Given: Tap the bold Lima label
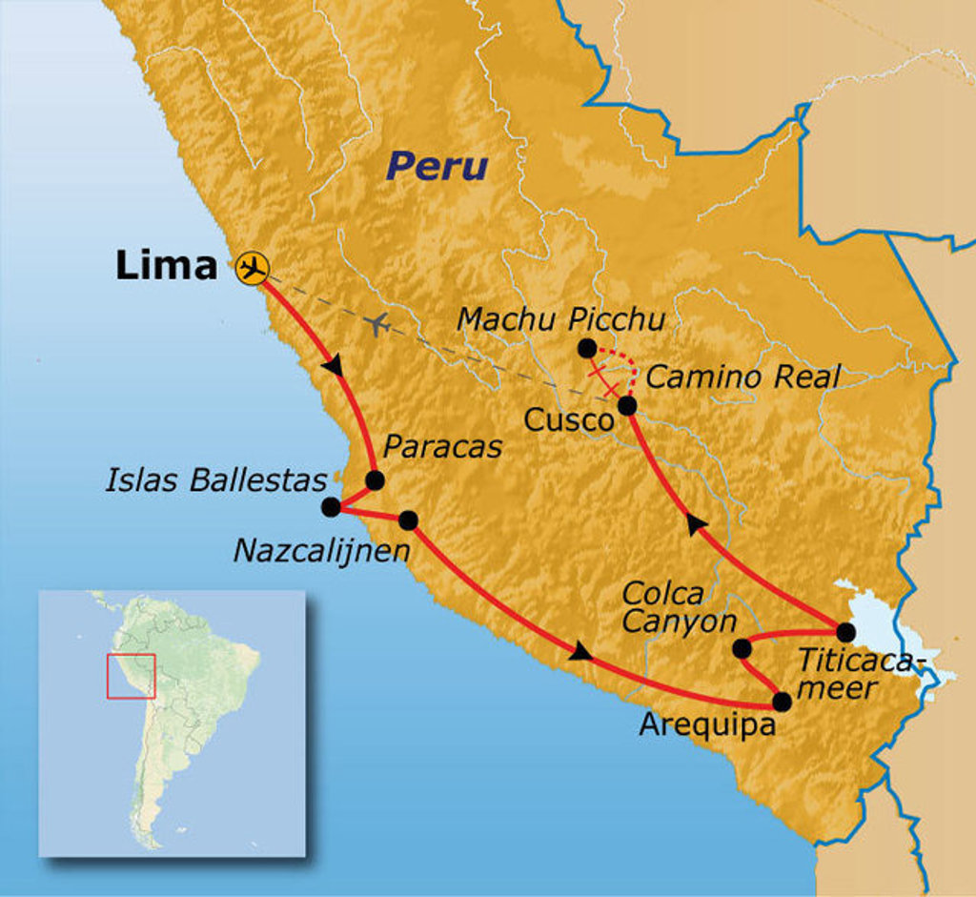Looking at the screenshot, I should [x=166, y=266].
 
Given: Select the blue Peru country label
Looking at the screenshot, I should [x=437, y=167].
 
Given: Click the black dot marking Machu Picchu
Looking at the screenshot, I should [x=587, y=349].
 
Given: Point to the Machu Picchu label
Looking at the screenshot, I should [x=560, y=318].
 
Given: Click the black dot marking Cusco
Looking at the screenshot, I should [x=627, y=406].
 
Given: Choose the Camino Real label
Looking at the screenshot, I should [x=742, y=377].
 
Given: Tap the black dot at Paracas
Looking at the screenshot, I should [x=375, y=480].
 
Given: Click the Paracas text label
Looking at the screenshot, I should [x=442, y=447].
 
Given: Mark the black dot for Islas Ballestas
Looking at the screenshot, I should [x=331, y=507].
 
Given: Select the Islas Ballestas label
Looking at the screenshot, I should [x=216, y=479].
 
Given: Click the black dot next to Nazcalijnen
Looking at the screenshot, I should [x=408, y=520].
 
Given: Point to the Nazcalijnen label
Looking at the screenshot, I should [x=322, y=550].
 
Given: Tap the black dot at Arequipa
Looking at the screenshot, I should [x=782, y=703].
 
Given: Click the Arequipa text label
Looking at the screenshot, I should [x=706, y=724].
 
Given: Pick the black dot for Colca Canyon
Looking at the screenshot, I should [x=742, y=649].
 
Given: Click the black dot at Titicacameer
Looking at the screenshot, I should [x=845, y=631].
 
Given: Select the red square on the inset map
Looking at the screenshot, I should [x=131, y=676].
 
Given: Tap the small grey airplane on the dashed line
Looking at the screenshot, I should [x=378, y=324].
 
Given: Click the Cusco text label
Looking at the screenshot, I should [x=568, y=420].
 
